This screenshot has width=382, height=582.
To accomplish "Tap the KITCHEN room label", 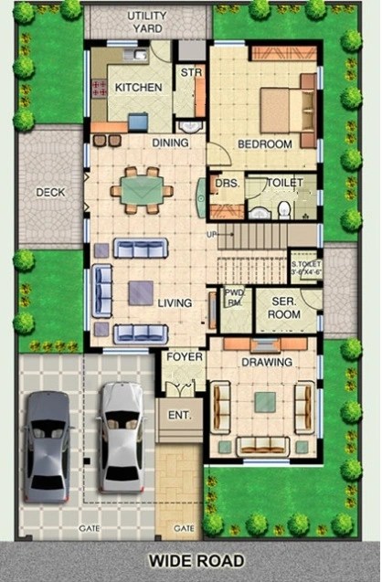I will [139, 88].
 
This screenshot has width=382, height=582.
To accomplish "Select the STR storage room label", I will [190, 72].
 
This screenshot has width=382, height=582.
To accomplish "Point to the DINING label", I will [170, 143].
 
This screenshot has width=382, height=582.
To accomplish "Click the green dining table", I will [142, 190].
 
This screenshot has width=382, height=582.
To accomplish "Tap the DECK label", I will [49, 193].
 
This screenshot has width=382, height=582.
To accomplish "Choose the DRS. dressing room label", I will [225, 184].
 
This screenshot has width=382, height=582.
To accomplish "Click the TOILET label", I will [285, 184].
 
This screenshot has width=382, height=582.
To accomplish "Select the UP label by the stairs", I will [213, 235].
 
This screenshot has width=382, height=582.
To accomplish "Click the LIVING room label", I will [174, 302].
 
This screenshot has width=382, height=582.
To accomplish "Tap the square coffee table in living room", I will [141, 292].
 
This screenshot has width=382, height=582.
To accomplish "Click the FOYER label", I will [184, 356].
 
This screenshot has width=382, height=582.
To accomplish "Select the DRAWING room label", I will [267, 362].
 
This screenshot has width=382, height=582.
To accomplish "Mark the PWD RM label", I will [234, 298].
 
